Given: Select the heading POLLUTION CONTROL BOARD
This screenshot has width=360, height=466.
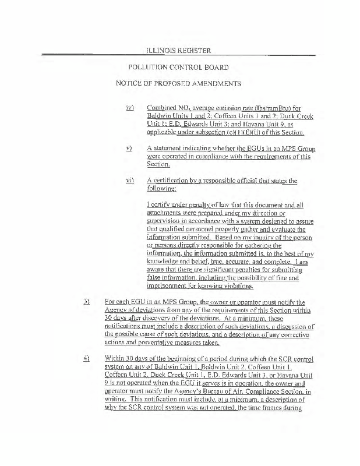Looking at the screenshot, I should [178, 68].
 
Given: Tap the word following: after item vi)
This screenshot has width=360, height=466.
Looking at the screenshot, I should [163, 189].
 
